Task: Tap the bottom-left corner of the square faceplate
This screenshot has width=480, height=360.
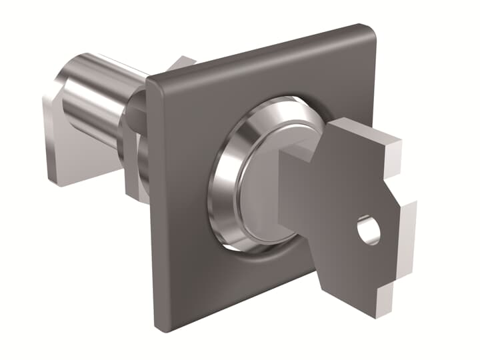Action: [x=160, y=323]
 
